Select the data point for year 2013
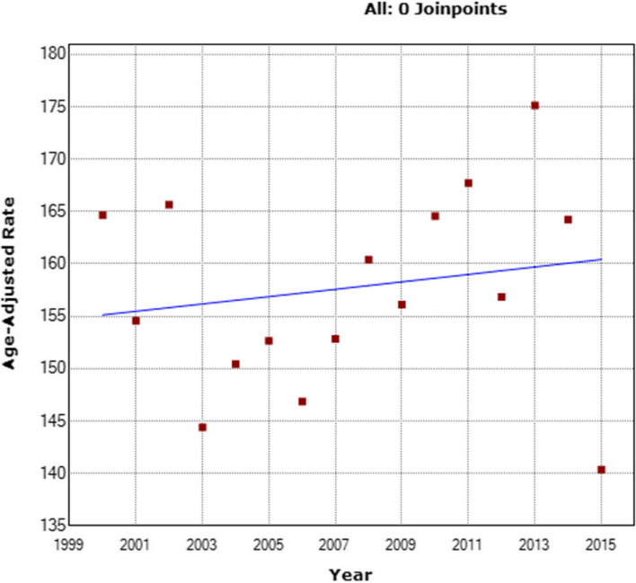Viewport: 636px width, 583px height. [534, 105]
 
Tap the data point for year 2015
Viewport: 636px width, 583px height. [601, 470]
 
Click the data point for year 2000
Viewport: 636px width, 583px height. [102, 215]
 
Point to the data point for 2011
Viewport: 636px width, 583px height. [468, 183]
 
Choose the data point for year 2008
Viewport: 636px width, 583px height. [368, 260]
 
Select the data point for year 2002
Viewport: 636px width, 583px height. [169, 205]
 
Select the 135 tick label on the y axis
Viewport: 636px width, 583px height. [49, 526]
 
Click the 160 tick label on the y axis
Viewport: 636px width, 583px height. [49, 264]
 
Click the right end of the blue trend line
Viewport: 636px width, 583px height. [601, 260]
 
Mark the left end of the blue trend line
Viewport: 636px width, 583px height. [103, 315]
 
